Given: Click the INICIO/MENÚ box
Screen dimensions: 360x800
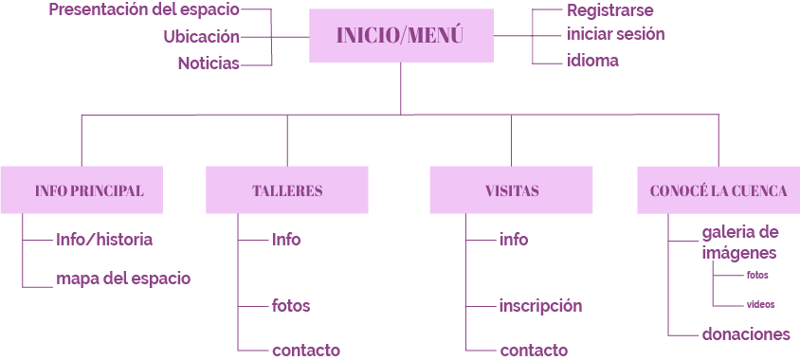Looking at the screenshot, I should (401, 36).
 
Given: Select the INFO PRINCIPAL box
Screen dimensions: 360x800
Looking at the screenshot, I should (89, 190).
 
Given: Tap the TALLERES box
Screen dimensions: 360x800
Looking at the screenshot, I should (287, 190).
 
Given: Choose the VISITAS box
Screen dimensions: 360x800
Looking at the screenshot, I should (511, 190).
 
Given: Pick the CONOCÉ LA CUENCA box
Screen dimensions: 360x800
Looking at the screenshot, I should (718, 190).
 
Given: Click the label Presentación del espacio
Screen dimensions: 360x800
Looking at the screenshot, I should (144, 10).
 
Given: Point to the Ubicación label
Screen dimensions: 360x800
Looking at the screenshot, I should (201, 37).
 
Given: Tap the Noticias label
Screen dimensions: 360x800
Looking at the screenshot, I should (209, 63).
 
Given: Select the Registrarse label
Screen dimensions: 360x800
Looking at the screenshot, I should (609, 10).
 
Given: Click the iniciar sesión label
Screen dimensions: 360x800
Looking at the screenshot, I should (615, 34).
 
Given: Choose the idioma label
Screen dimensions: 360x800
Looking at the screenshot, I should (592, 61).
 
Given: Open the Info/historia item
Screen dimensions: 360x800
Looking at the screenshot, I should (104, 240).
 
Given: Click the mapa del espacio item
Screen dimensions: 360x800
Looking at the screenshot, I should (123, 279).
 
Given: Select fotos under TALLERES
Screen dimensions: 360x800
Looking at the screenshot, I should (291, 306).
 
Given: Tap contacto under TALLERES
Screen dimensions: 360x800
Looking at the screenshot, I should (305, 351).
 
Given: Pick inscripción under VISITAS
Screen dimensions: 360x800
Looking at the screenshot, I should (540, 306).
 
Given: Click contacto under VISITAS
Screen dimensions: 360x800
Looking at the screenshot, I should (534, 351).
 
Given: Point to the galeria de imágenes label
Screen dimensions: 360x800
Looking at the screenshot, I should (740, 243).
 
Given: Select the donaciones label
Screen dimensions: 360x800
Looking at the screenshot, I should (746, 334).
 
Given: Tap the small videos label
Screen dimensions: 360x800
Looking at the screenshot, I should (760, 305).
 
